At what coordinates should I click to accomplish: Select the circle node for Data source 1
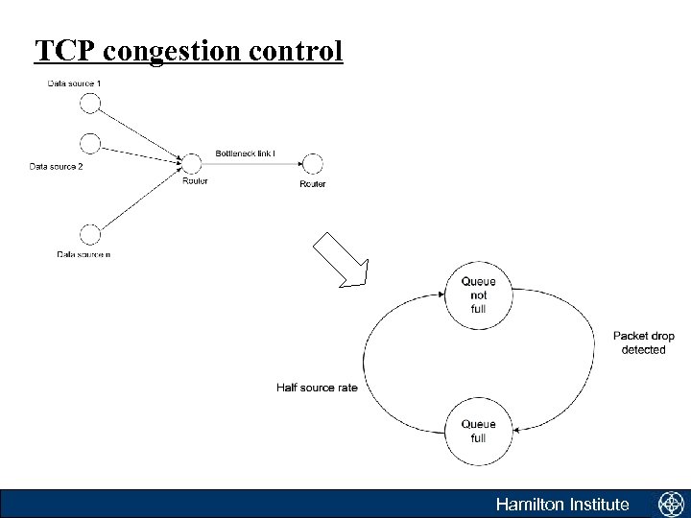90,103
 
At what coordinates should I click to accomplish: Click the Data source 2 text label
55,167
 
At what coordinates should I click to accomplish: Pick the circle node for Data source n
90,234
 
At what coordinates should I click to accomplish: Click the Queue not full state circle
478,295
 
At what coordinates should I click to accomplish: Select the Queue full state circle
478,431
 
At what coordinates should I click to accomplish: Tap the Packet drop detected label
642,342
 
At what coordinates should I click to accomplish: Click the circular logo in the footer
669,504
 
